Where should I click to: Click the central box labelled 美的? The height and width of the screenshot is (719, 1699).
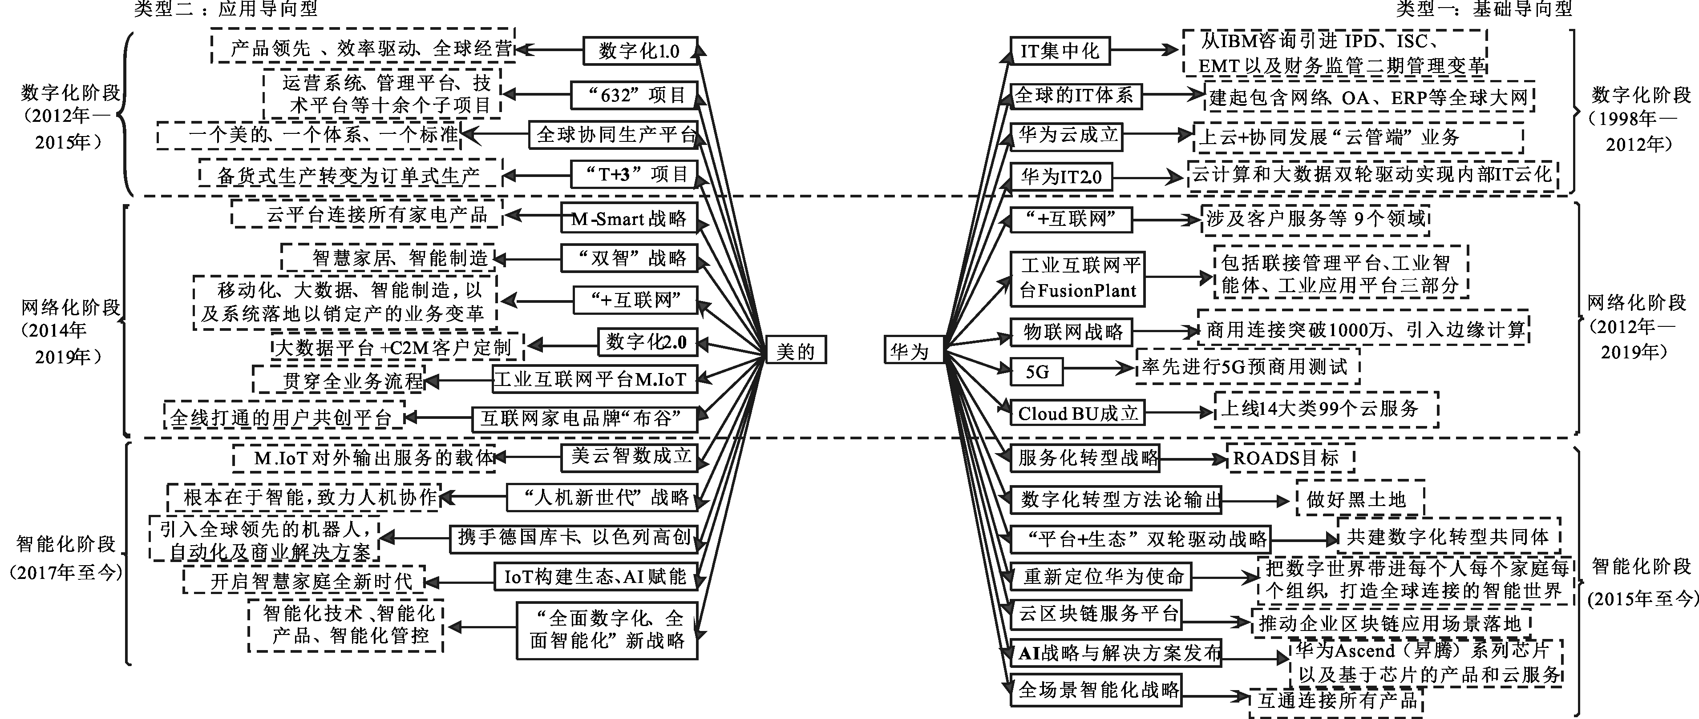[795, 351]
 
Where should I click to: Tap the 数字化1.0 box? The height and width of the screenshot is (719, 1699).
[640, 51]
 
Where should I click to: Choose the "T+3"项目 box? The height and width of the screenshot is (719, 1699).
[634, 175]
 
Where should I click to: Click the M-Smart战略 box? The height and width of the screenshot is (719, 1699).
[628, 218]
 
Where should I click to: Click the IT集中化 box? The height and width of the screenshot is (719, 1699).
[1059, 51]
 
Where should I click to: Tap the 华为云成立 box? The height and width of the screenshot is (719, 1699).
[1066, 136]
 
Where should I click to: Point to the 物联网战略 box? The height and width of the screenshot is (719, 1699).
[1072, 332]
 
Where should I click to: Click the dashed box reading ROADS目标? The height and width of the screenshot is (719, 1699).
[1290, 458]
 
